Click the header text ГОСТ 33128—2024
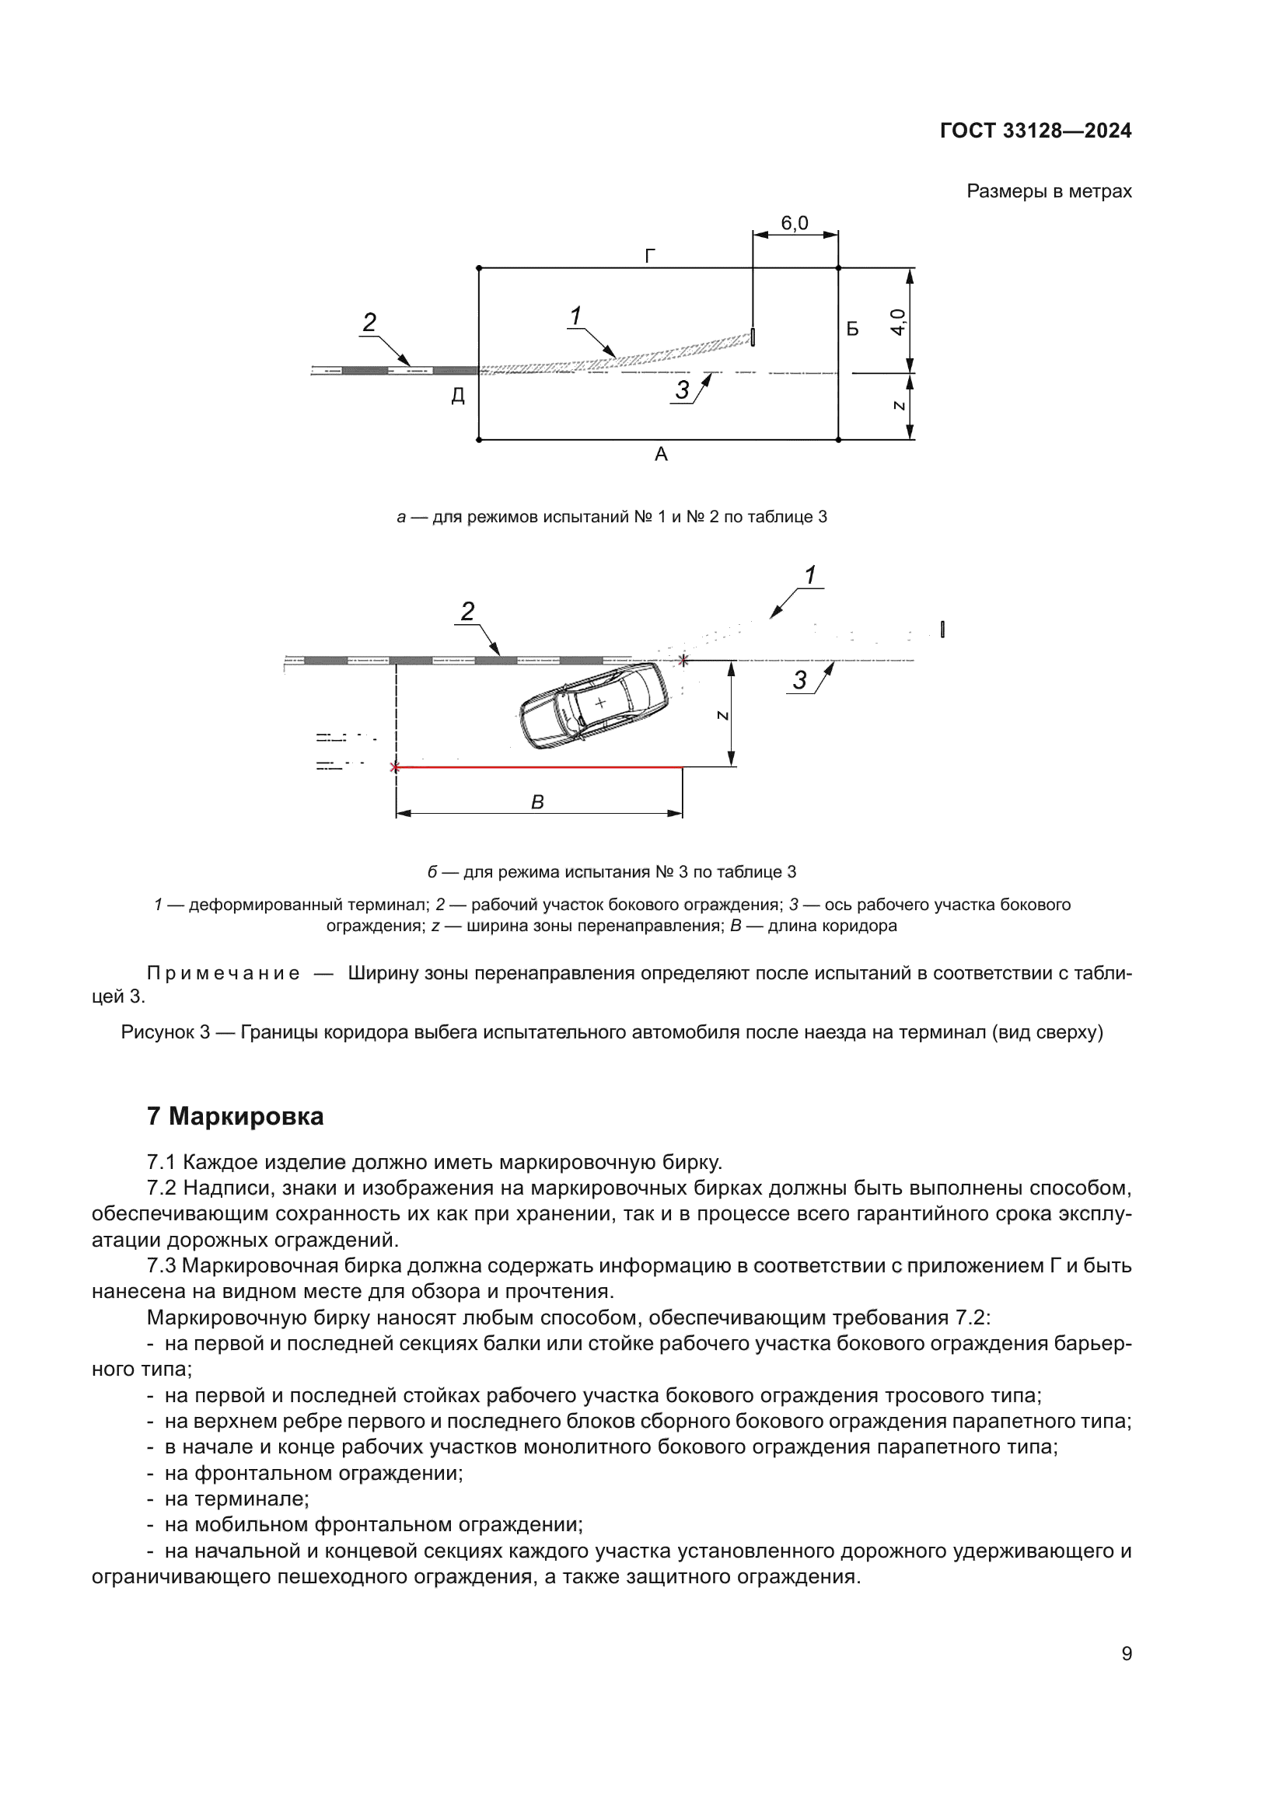1035,131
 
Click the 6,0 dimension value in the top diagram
795,223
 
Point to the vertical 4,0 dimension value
897,321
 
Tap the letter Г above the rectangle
650,256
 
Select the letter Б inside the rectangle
852,329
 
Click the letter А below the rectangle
660,455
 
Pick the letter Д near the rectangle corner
458,395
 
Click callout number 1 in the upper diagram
575,316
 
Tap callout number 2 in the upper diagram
369,323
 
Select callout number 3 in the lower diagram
800,680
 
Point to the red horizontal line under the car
539,767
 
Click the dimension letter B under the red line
537,802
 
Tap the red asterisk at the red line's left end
395,767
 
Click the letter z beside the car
722,715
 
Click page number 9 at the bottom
1126,1654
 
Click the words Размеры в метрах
1048,192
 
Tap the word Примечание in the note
223,973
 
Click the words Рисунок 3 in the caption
165,1032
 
